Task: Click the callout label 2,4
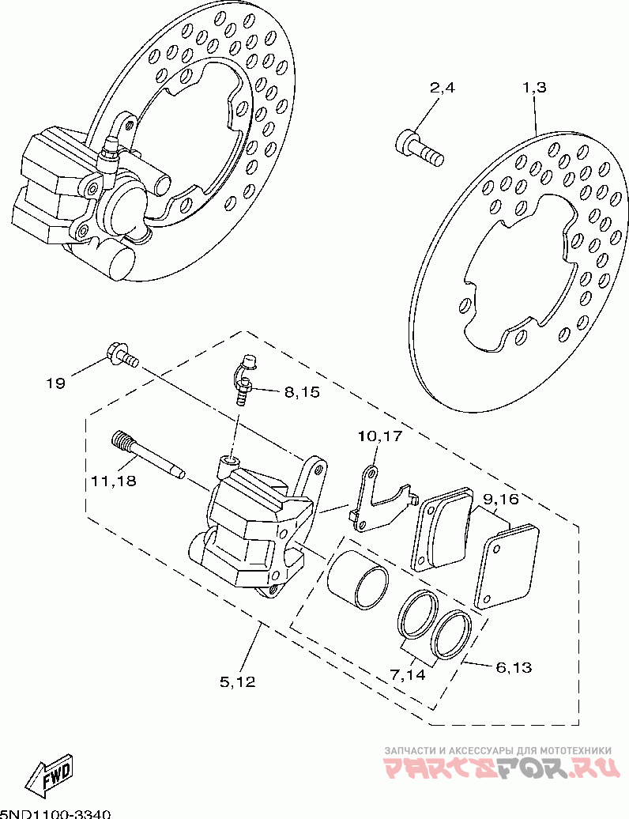point(442,88)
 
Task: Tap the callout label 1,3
point(534,88)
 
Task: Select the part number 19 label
point(55,383)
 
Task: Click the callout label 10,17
point(380,436)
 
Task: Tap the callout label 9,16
point(500,499)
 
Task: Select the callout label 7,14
point(406,674)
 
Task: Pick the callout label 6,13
point(514,667)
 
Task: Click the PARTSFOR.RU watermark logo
point(498,766)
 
